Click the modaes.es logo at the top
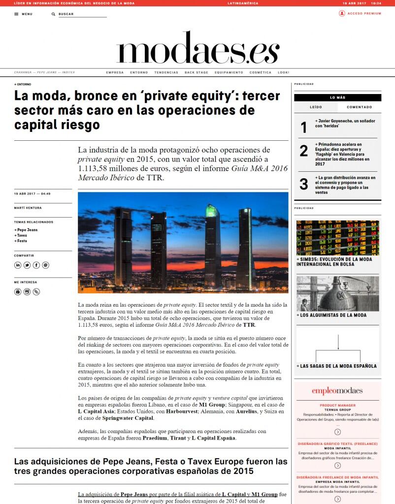pos(197,48)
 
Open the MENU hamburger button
pos(23,14)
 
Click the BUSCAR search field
pos(81,14)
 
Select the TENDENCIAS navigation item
pos(166,72)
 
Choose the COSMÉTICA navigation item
pos(260,72)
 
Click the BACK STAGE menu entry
pos(196,72)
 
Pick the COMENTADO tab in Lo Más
pos(359,107)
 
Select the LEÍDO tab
pos(316,107)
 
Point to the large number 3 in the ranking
pos(304,184)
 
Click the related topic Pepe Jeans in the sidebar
pos(28,230)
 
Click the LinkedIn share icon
pos(18,265)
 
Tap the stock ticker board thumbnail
pos(337,237)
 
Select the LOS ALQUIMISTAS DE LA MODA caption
pos(333,315)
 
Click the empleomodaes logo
pos(337,391)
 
